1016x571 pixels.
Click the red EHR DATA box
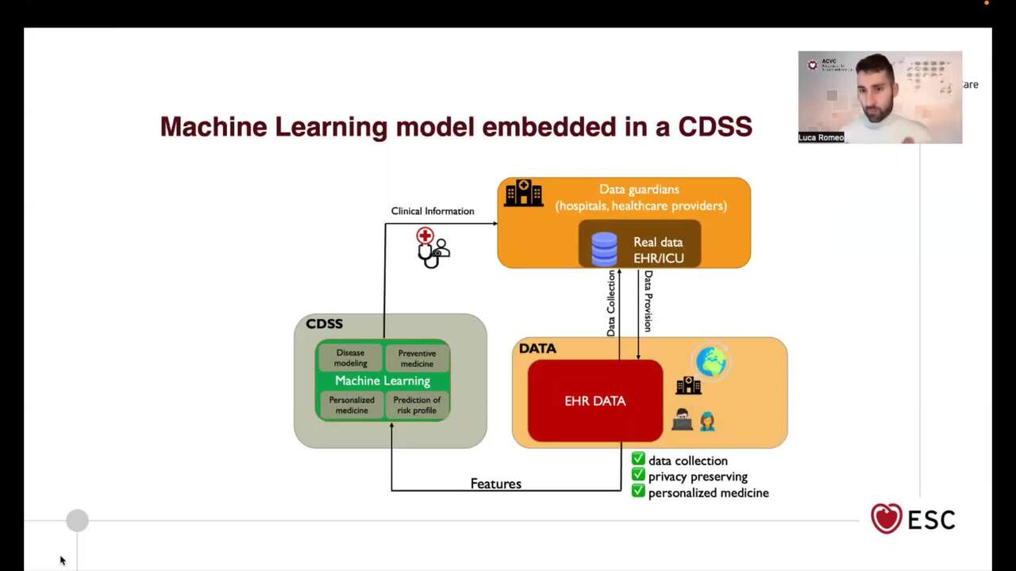[595, 400]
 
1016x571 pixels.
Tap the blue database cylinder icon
[604, 248]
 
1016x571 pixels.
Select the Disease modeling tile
[350, 358]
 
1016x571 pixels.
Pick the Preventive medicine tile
[417, 358]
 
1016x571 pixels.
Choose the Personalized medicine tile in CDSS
[351, 405]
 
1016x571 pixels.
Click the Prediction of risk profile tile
[417, 405]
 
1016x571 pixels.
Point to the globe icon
[710, 362]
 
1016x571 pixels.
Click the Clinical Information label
[433, 211]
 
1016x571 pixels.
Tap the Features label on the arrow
[496, 484]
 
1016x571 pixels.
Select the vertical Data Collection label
[611, 303]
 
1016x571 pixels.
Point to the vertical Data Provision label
[648, 301]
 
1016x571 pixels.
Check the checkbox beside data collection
[638, 459]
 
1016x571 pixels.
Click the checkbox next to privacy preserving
[638, 475]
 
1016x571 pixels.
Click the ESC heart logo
[886, 519]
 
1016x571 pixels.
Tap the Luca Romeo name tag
[821, 138]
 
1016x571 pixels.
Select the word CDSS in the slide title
[715, 127]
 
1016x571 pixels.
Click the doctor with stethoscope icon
[432, 247]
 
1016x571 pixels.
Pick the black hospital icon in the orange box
[524, 193]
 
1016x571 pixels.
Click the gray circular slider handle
[77, 520]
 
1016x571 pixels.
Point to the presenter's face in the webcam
[877, 91]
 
